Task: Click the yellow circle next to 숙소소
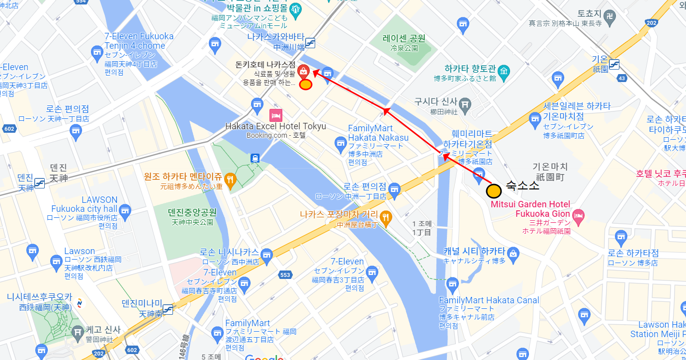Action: [x=494, y=191]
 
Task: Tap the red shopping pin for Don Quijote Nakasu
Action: [x=303, y=71]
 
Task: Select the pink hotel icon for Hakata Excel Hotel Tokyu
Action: [x=275, y=115]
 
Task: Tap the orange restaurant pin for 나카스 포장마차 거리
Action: [x=386, y=217]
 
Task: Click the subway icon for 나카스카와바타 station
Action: [x=311, y=43]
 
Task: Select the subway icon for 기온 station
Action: [x=614, y=64]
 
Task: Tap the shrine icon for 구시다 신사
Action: [x=465, y=104]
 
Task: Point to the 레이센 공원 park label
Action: [x=404, y=38]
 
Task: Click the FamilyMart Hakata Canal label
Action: [x=489, y=300]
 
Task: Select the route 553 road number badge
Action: [x=285, y=274]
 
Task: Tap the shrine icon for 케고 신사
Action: [x=78, y=331]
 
